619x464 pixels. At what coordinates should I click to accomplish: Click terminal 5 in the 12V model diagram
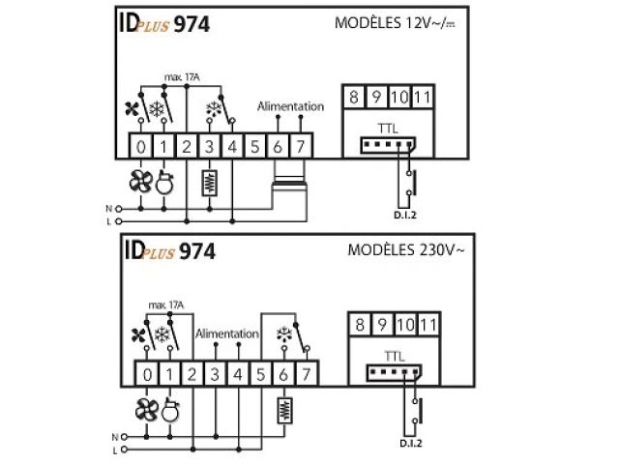point(255,147)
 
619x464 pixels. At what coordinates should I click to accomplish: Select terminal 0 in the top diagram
point(142,147)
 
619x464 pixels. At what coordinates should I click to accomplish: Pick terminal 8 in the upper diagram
point(355,97)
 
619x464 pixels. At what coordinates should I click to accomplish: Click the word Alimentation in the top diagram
point(290,106)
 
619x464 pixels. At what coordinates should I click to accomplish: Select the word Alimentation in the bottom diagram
point(227,333)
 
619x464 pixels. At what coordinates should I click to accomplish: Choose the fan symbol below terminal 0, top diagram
point(141,181)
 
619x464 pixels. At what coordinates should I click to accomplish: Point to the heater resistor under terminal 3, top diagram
point(209,182)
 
